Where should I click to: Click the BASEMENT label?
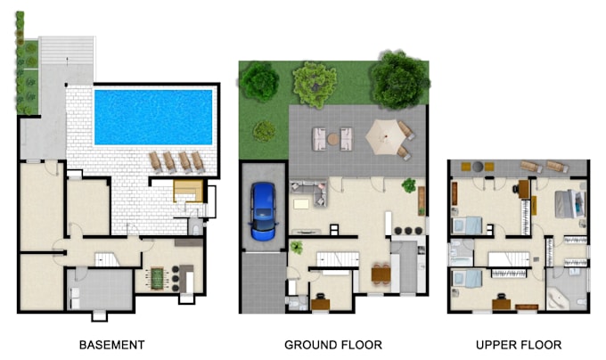point(112,345)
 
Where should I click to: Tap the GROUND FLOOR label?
point(333,345)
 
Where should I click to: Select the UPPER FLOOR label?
point(519,345)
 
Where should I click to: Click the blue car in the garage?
point(264,211)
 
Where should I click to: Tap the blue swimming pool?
point(153,117)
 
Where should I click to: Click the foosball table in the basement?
point(158,278)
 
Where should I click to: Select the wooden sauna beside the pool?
point(188,191)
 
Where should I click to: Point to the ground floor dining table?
point(381,274)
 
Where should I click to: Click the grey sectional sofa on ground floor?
point(309,192)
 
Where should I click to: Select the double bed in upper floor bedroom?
point(570,203)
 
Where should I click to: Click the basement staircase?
point(107,259)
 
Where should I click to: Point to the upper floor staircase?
point(509,259)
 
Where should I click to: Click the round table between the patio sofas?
point(332,139)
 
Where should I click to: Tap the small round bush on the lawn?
point(265,131)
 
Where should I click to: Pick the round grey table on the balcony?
point(478,167)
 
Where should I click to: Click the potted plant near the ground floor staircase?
point(297,247)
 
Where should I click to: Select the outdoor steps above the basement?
point(67,50)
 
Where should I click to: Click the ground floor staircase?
point(338,259)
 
